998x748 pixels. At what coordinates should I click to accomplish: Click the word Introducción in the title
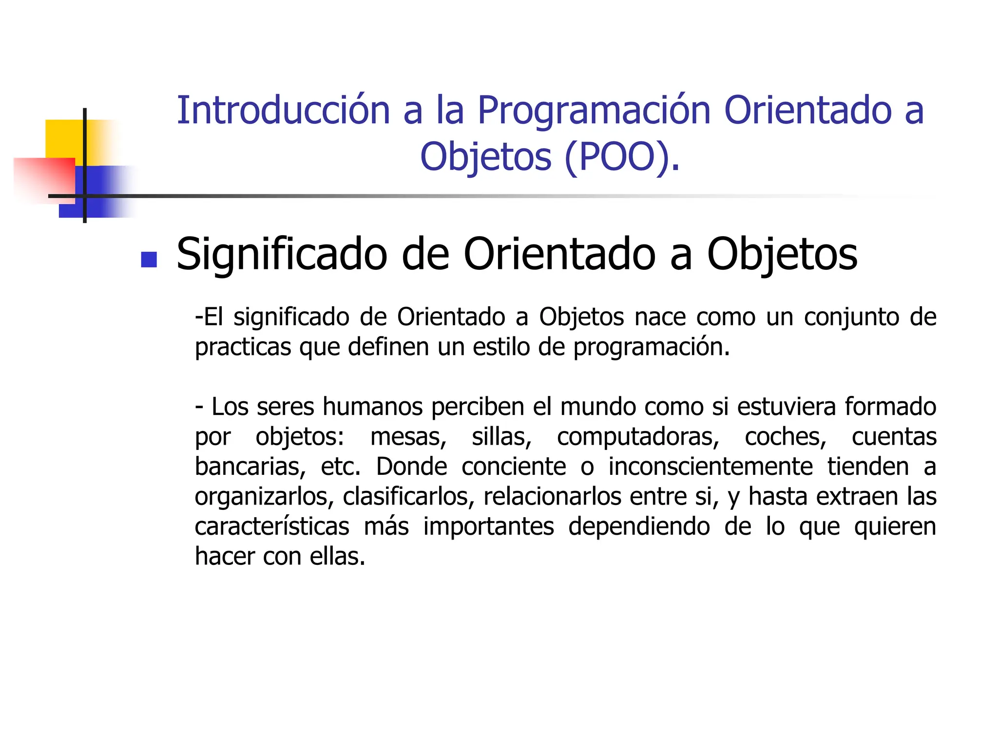pos(283,111)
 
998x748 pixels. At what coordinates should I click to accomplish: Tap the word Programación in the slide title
pos(594,112)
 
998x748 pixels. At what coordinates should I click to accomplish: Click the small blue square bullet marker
pos(149,260)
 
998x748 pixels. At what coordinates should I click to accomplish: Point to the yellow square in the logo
pos(63,138)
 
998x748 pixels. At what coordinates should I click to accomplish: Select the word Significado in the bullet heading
pos(282,255)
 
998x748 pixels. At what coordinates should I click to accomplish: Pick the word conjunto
pos(851,318)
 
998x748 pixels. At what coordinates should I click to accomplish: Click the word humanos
pos(372,406)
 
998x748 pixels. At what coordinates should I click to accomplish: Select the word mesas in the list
pos(408,436)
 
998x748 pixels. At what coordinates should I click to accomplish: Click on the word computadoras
pos(637,437)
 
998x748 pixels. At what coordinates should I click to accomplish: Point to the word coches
pos(785,436)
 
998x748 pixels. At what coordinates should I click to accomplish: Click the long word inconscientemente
pos(710,467)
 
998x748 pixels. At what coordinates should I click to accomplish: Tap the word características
pos(272,526)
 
